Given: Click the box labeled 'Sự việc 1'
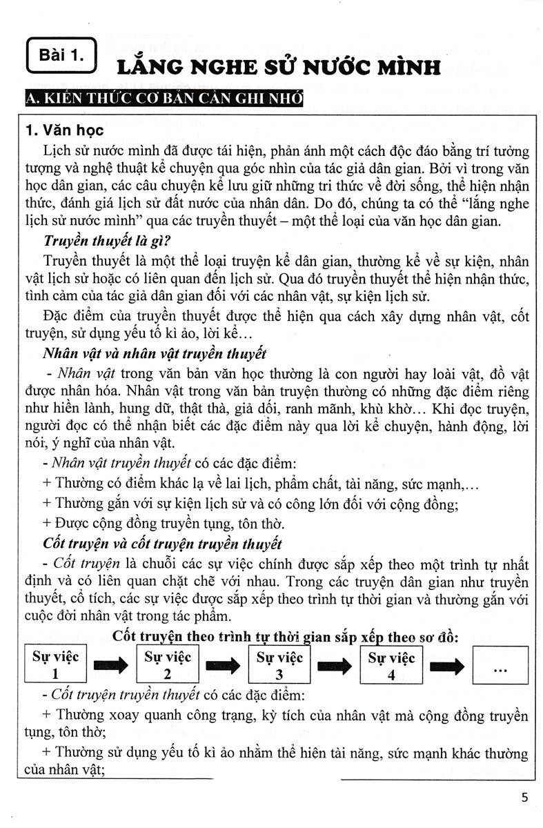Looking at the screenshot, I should pos(56,664).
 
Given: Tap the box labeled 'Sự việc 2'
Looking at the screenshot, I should pos(168,664).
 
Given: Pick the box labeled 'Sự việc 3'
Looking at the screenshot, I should pos(279,664).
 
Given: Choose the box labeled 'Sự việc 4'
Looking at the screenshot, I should pos(391,664).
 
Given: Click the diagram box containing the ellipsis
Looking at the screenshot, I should pos(500,664).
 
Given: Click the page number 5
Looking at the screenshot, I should pos(524,798).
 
